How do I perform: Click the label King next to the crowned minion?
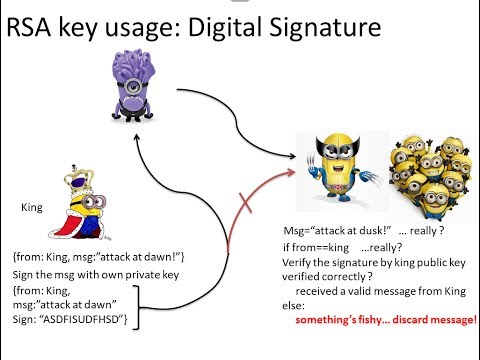click(x=30, y=208)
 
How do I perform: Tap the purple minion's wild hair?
click(x=131, y=66)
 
